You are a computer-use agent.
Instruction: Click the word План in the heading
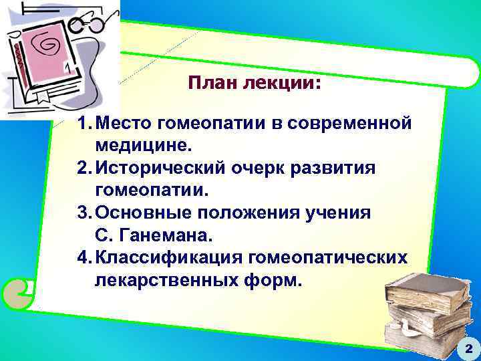209,84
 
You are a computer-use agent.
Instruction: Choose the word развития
340,168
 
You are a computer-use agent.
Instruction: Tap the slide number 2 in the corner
468,348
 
